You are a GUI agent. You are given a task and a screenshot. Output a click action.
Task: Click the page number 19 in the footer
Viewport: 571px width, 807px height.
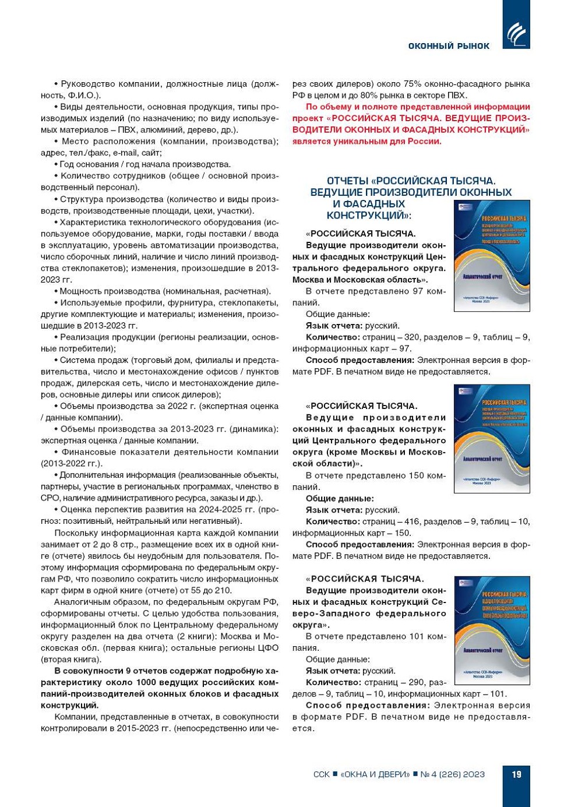pyautogui.click(x=516, y=774)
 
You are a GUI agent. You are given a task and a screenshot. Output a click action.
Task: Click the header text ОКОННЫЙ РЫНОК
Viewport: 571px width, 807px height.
pyautogui.click(x=449, y=46)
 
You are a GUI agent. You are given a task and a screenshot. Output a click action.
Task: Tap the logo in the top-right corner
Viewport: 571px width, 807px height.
pyautogui.click(x=516, y=33)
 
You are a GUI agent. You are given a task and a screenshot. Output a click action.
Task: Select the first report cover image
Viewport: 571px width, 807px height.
pyautogui.click(x=492, y=255)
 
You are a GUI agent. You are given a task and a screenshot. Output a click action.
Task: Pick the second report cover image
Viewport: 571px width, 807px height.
pyautogui.click(x=492, y=439)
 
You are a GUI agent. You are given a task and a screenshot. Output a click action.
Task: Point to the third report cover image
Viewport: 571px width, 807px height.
pyautogui.click(x=492, y=630)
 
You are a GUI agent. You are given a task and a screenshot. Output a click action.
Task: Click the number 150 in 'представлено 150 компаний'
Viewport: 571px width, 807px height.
pyautogui.click(x=416, y=475)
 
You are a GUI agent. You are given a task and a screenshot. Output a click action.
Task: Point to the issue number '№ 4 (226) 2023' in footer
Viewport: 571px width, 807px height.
pyautogui.click(x=453, y=774)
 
